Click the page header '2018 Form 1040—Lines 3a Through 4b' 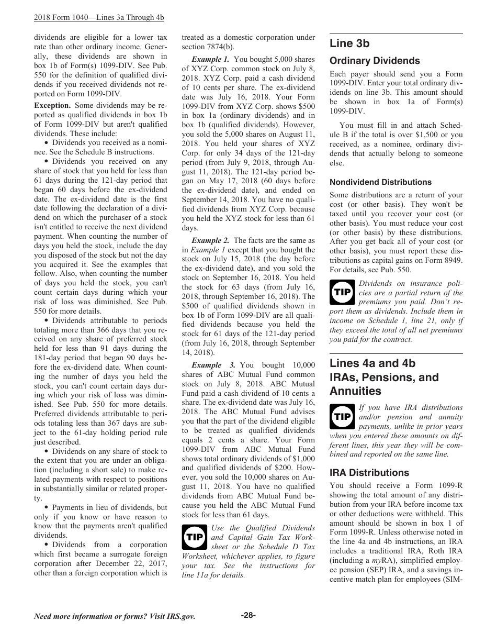[99, 17]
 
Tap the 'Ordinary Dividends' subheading [375, 61]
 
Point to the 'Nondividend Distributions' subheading [380, 182]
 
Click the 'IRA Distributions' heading [369, 472]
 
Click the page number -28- [248, 615]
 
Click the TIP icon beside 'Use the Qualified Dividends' [195, 537]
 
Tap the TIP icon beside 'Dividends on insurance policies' [343, 292]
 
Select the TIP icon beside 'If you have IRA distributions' [343, 416]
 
